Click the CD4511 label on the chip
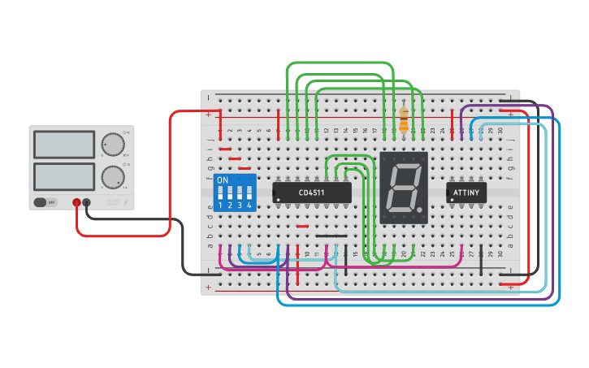coord(312,193)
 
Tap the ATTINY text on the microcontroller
coord(467,193)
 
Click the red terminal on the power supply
coord(76,202)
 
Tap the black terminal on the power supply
coord(87,202)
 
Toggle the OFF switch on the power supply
coord(45,202)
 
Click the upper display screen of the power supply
coord(64,145)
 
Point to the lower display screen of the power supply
coord(64,175)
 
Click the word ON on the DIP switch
coord(223,180)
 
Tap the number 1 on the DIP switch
coord(220,206)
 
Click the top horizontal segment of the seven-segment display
coord(405,167)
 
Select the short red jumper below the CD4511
coord(302,227)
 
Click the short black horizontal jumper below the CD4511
coord(331,236)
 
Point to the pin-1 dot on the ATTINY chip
coord(451,199)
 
